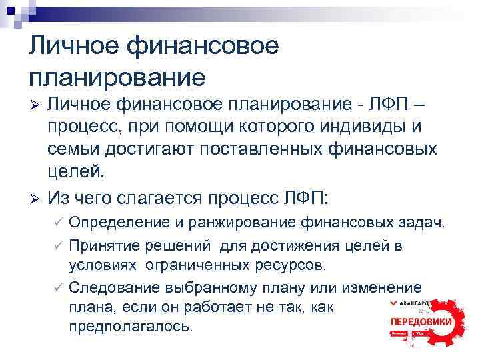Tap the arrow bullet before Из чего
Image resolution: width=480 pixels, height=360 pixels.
(37, 200)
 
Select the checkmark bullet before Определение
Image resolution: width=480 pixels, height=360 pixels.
(59, 222)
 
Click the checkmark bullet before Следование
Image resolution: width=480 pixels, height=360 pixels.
(59, 288)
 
